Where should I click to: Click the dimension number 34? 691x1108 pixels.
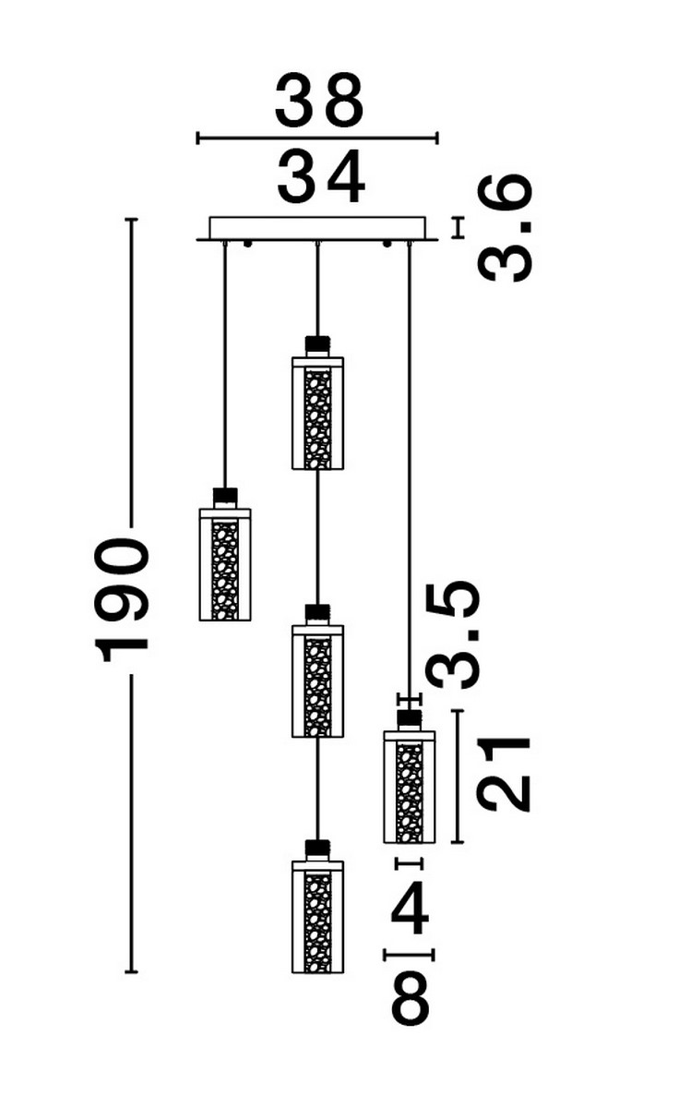320,178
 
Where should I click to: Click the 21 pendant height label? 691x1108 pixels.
506,775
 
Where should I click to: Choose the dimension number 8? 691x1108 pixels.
411,997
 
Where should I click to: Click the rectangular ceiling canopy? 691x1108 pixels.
317,228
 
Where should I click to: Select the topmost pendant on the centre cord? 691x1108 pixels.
317,413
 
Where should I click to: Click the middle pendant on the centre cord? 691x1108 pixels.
317,680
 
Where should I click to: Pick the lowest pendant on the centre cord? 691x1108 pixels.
317,916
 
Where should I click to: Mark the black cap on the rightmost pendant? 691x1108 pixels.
409,717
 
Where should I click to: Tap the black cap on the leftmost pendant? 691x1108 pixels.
225,496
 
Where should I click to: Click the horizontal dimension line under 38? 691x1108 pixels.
317,139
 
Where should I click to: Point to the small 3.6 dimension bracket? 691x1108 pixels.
457,228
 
